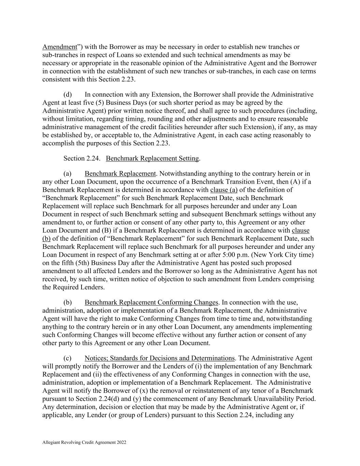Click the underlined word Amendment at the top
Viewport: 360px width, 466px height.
[60, 47]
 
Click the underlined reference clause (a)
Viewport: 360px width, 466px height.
[224, 190]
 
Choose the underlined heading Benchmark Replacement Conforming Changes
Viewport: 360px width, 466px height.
[151, 302]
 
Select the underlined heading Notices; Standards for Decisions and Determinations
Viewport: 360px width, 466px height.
[160, 358]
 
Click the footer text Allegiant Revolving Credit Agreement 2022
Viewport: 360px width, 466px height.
[84, 442]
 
